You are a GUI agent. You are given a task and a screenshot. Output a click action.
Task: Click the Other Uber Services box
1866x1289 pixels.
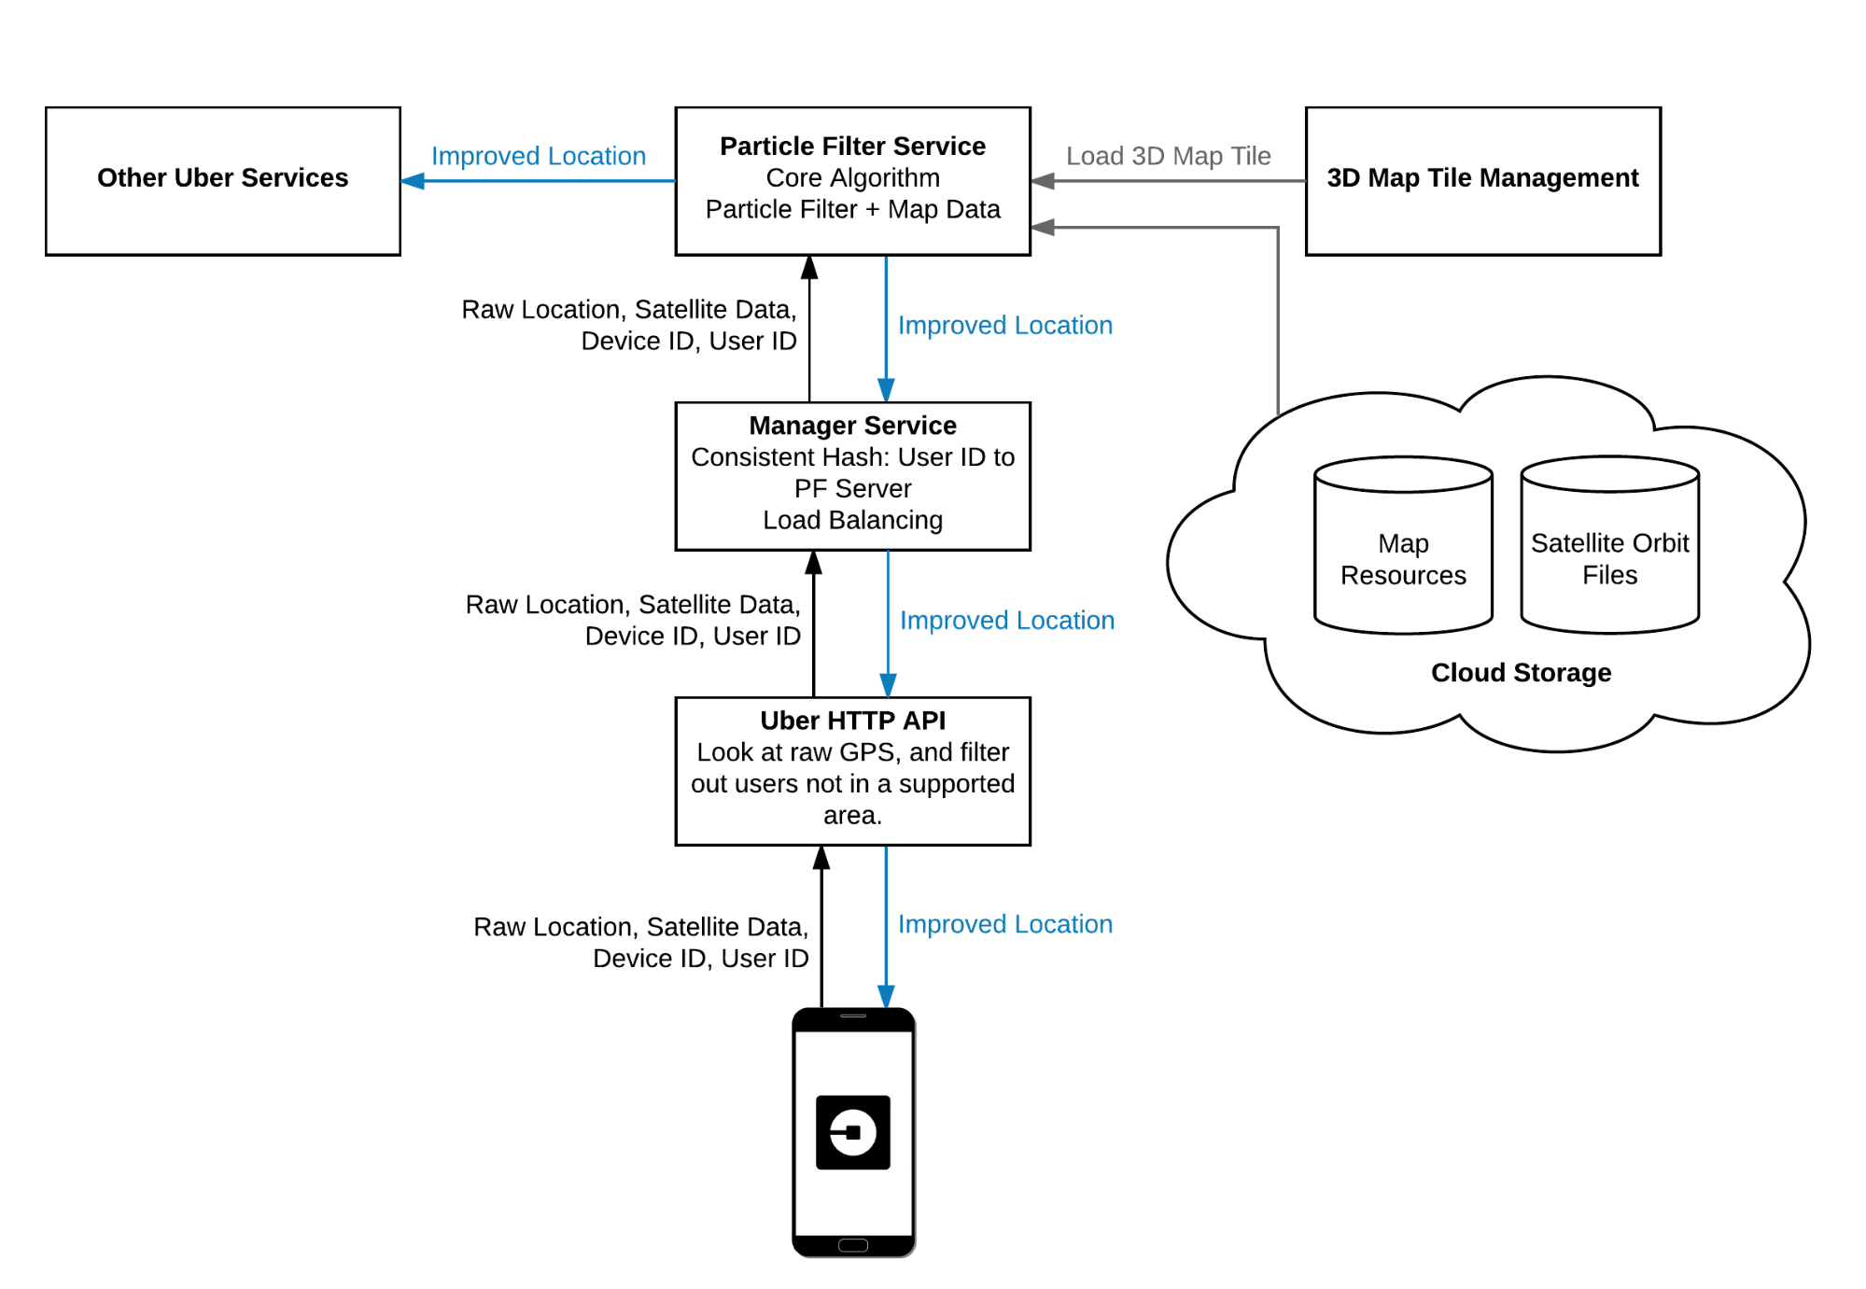[223, 180]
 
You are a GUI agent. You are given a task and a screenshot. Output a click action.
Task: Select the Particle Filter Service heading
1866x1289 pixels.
[852, 147]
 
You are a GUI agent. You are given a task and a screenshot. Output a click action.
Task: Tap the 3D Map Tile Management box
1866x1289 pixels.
[1482, 178]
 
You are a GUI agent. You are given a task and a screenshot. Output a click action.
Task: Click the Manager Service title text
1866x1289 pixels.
[852, 426]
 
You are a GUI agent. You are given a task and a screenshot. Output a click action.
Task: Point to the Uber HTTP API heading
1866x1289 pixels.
[852, 721]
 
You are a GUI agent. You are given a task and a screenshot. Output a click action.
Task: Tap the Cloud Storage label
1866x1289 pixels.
[1521, 673]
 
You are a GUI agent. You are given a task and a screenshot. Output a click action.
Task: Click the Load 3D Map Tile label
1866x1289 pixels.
[1168, 156]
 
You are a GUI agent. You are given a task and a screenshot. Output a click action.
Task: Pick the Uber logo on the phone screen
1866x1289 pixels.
[852, 1132]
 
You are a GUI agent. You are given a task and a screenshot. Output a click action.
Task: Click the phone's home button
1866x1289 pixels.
[852, 1245]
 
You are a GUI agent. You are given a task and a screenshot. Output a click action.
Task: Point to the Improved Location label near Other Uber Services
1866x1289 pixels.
[539, 156]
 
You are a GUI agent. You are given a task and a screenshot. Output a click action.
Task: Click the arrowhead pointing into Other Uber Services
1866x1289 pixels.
[413, 181]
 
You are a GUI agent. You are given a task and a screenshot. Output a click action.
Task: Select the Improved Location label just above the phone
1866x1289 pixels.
[1005, 924]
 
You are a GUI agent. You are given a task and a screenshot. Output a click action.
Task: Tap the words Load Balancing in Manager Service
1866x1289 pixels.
[852, 520]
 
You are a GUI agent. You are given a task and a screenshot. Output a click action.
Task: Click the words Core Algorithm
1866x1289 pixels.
[852, 178]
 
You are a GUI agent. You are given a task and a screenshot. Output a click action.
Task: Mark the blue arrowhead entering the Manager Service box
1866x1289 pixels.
[886, 390]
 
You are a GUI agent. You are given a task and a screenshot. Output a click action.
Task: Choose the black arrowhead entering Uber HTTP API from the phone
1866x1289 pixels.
[821, 858]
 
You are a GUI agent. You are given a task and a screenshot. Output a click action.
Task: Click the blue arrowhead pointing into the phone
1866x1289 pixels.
[886, 996]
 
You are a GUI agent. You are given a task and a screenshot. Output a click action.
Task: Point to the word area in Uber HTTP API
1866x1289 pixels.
[851, 816]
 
